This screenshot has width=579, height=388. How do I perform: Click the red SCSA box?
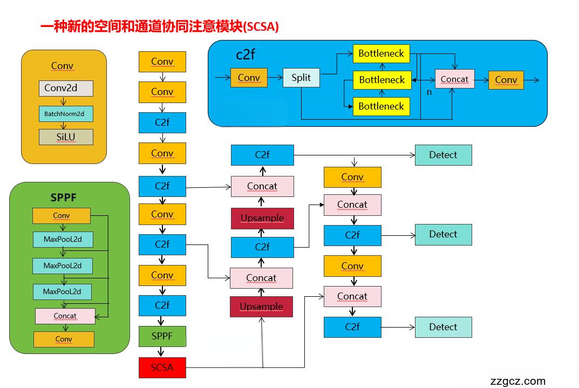coord(162,367)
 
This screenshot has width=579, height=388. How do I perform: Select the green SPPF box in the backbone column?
coord(162,336)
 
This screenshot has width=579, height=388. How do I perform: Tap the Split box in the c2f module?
coord(301,78)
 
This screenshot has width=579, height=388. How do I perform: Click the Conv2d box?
coord(66,88)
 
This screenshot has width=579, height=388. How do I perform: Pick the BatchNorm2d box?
coord(66,114)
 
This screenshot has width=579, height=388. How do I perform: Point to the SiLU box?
coord(66,137)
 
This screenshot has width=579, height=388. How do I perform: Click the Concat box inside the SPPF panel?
coord(65,316)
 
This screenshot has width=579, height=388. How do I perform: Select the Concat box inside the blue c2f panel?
coord(455,79)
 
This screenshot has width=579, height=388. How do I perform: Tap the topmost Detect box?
coord(443,155)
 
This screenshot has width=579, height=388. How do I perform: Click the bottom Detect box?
coord(443,327)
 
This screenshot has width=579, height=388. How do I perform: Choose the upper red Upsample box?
coord(262,219)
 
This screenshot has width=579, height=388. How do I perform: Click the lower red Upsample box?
coord(261,307)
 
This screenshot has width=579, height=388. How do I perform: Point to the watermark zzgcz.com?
coord(518,381)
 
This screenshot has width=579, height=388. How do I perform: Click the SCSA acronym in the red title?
coord(261,26)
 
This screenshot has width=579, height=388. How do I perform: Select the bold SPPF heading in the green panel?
coord(64,198)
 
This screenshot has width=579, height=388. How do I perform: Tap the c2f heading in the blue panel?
coord(246,55)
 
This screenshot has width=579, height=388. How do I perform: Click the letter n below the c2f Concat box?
coord(430,92)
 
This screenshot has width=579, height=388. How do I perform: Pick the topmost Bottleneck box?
coord(382,53)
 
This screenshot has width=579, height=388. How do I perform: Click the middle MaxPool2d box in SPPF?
coord(62,266)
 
